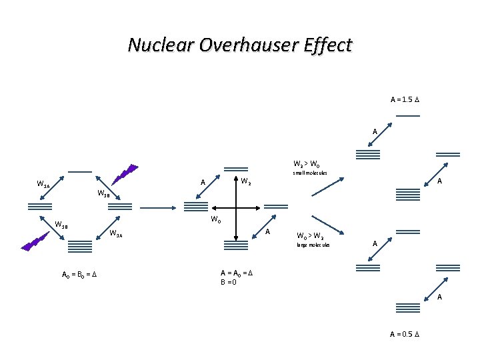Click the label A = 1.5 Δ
click(405, 100)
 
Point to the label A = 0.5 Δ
click(405, 334)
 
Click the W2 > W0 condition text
click(306, 163)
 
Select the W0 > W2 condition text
click(310, 235)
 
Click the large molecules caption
click(313, 245)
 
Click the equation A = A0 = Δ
click(237, 273)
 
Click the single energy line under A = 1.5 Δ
click(407, 116)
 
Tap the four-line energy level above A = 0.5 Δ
click(407, 308)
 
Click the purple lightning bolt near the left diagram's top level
click(125, 173)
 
